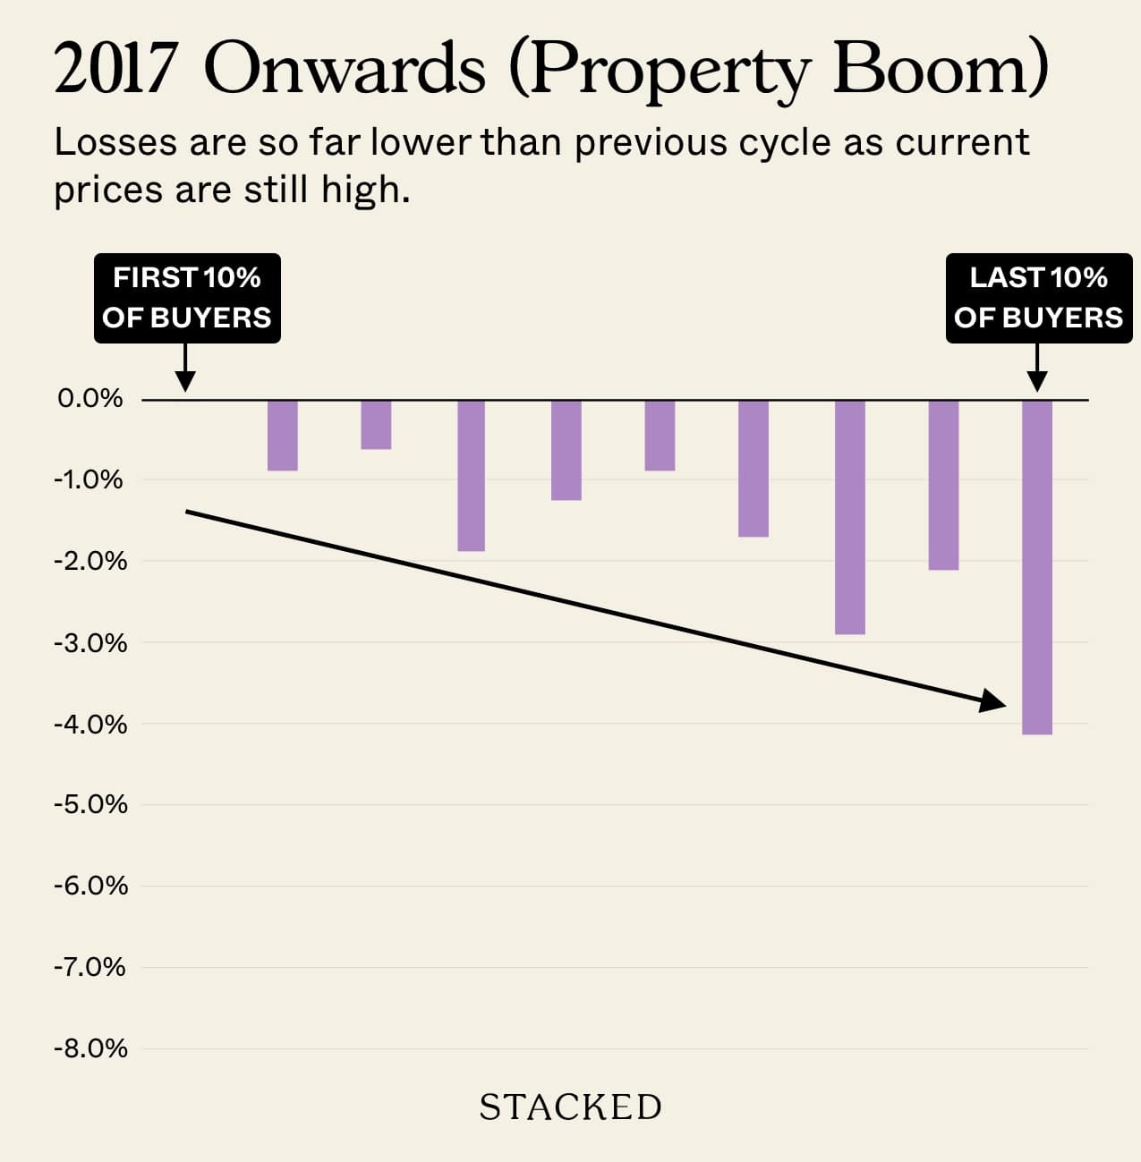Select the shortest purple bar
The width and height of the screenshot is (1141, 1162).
tap(376, 425)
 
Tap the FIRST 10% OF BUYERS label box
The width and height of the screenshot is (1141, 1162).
tap(187, 298)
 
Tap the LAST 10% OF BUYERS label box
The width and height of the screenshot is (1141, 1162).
tap(1038, 298)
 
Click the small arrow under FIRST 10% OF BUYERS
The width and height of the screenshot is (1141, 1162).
tap(184, 369)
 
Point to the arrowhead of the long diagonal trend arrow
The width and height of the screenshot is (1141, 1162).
tap(993, 701)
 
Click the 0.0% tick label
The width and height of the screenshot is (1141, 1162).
tap(90, 399)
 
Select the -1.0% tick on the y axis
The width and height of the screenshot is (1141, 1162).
tap(89, 480)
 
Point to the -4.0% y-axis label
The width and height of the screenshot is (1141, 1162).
tap(90, 724)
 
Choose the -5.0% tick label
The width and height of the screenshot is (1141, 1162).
tap(90, 804)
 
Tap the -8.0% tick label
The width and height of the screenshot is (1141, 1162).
tap(90, 1048)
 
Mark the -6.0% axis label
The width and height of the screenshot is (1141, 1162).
tap(90, 886)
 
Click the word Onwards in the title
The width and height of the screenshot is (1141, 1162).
tap(345, 70)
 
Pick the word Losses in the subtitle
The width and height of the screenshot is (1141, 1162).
tap(115, 143)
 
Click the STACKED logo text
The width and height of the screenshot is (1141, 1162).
tap(571, 1107)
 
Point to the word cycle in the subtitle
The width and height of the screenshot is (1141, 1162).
tap(784, 143)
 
